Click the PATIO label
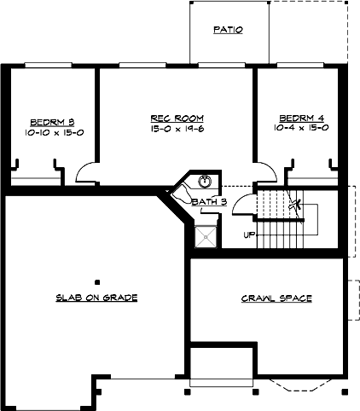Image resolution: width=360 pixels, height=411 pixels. pyautogui.click(x=228, y=29)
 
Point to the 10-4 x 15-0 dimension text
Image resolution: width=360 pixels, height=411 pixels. pyautogui.click(x=302, y=128)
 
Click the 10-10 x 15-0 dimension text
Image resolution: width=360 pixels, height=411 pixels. pyautogui.click(x=49, y=132)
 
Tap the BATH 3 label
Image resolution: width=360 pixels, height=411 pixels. pyautogui.click(x=208, y=202)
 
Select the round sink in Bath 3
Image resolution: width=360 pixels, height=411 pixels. pyautogui.click(x=205, y=181)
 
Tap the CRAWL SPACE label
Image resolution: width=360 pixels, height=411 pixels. pyautogui.click(x=276, y=298)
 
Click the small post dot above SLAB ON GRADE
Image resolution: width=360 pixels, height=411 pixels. pyautogui.click(x=97, y=281)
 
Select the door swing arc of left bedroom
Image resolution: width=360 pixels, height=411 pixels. pyautogui.click(x=88, y=173)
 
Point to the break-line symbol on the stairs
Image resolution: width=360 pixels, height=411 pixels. pyautogui.click(x=295, y=205)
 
